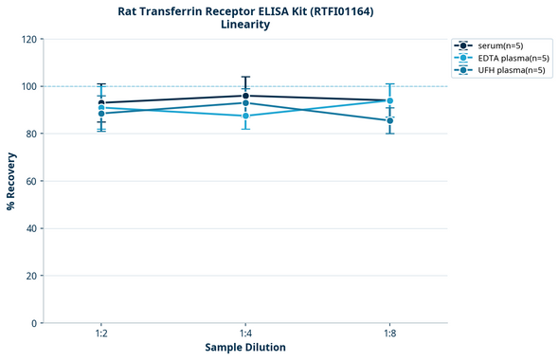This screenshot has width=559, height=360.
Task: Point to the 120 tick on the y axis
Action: coord(30,39)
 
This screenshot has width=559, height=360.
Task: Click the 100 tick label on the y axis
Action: coord(30,86)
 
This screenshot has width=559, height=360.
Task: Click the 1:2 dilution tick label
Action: coord(101,334)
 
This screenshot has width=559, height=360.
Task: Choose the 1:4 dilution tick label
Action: coord(245,334)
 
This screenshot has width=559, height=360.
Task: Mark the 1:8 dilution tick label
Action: coord(389,334)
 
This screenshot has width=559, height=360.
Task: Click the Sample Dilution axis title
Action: coord(245,348)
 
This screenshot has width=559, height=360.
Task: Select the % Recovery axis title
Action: coord(11,181)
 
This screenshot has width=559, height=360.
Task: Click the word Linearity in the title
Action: coord(244,25)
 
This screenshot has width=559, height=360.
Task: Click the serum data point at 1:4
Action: coord(245,96)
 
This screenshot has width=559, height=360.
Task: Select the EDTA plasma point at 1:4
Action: coord(245,116)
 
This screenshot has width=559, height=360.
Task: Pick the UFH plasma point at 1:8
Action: coord(389,120)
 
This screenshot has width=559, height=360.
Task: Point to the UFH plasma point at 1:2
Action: coord(101,114)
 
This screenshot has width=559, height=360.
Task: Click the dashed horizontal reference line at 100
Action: coord(171,86)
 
